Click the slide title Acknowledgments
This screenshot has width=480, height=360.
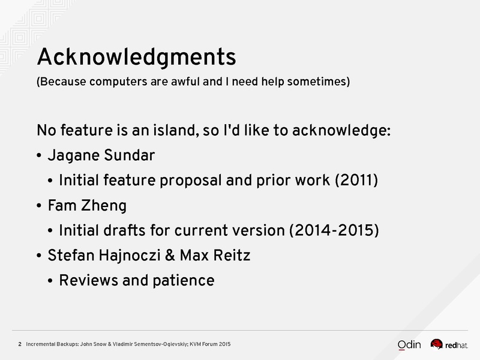137,57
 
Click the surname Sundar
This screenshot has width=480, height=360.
130,155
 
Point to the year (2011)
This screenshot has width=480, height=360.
356,180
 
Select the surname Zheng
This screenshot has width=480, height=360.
104,206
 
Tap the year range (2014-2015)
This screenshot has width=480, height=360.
334,230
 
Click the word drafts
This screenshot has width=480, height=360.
124,230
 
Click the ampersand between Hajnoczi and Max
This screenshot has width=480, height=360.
170,256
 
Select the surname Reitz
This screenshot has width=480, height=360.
232,256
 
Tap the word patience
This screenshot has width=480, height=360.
184,281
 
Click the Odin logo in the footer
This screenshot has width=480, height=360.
409,344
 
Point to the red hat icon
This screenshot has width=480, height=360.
437,344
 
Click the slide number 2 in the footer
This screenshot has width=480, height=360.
20,344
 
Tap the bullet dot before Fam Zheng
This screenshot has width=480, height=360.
39,206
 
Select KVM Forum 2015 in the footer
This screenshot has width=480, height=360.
210,344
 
